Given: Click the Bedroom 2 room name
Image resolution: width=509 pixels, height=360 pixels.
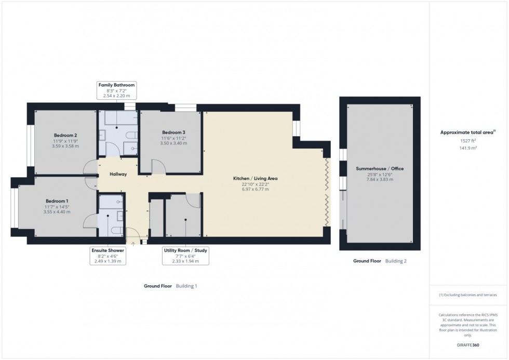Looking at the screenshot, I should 65,135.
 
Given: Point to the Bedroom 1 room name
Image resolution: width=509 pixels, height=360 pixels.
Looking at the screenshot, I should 57,201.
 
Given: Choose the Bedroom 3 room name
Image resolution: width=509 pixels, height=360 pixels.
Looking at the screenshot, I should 173,132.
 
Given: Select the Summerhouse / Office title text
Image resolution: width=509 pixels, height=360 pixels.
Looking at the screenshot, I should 380,169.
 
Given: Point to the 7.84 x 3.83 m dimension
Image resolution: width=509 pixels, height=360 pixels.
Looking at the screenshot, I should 380,180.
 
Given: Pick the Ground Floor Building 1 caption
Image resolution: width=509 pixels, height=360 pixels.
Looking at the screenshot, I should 171,286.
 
